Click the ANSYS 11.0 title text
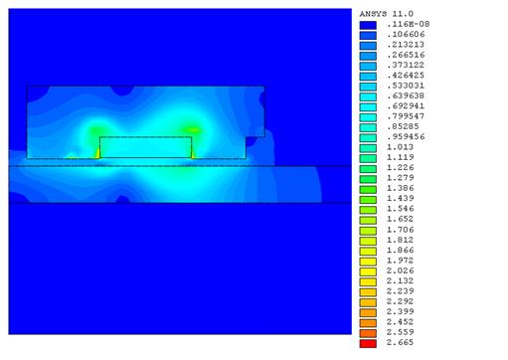387,14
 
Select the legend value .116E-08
408,24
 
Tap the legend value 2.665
400,342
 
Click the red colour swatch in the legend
368,343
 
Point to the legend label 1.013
400,147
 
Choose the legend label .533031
406,86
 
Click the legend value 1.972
400,261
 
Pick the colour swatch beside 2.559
368,333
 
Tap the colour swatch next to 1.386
368,190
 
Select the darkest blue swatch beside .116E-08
368,25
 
